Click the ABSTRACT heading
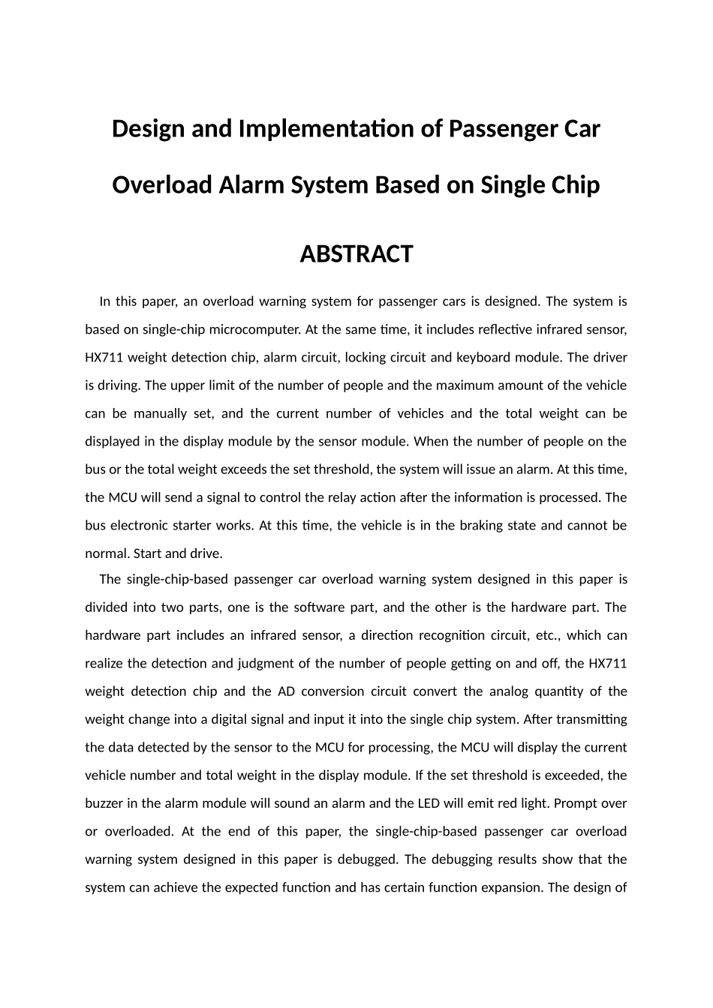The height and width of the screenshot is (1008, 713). pyautogui.click(x=356, y=254)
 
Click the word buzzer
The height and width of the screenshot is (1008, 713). pyautogui.click(x=105, y=803)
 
